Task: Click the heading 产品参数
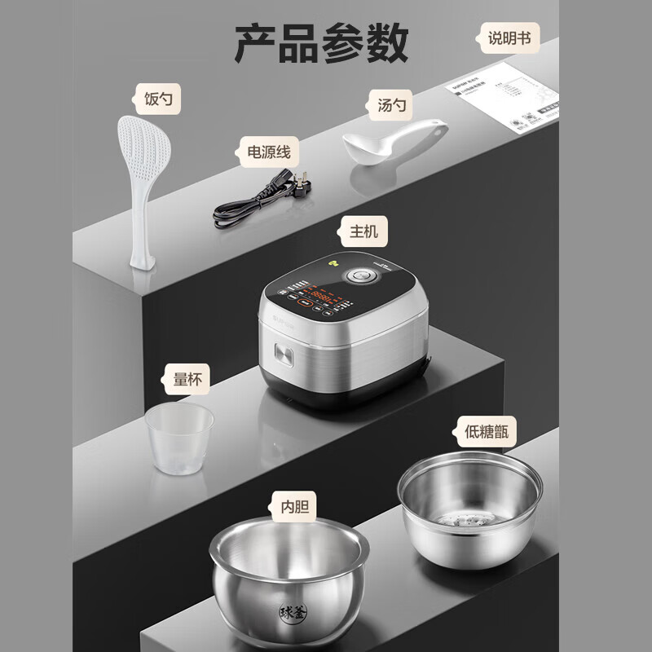[x=321, y=42]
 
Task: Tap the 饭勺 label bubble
[x=157, y=101]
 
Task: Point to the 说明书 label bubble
[x=508, y=37]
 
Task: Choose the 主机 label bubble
[x=359, y=231]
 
